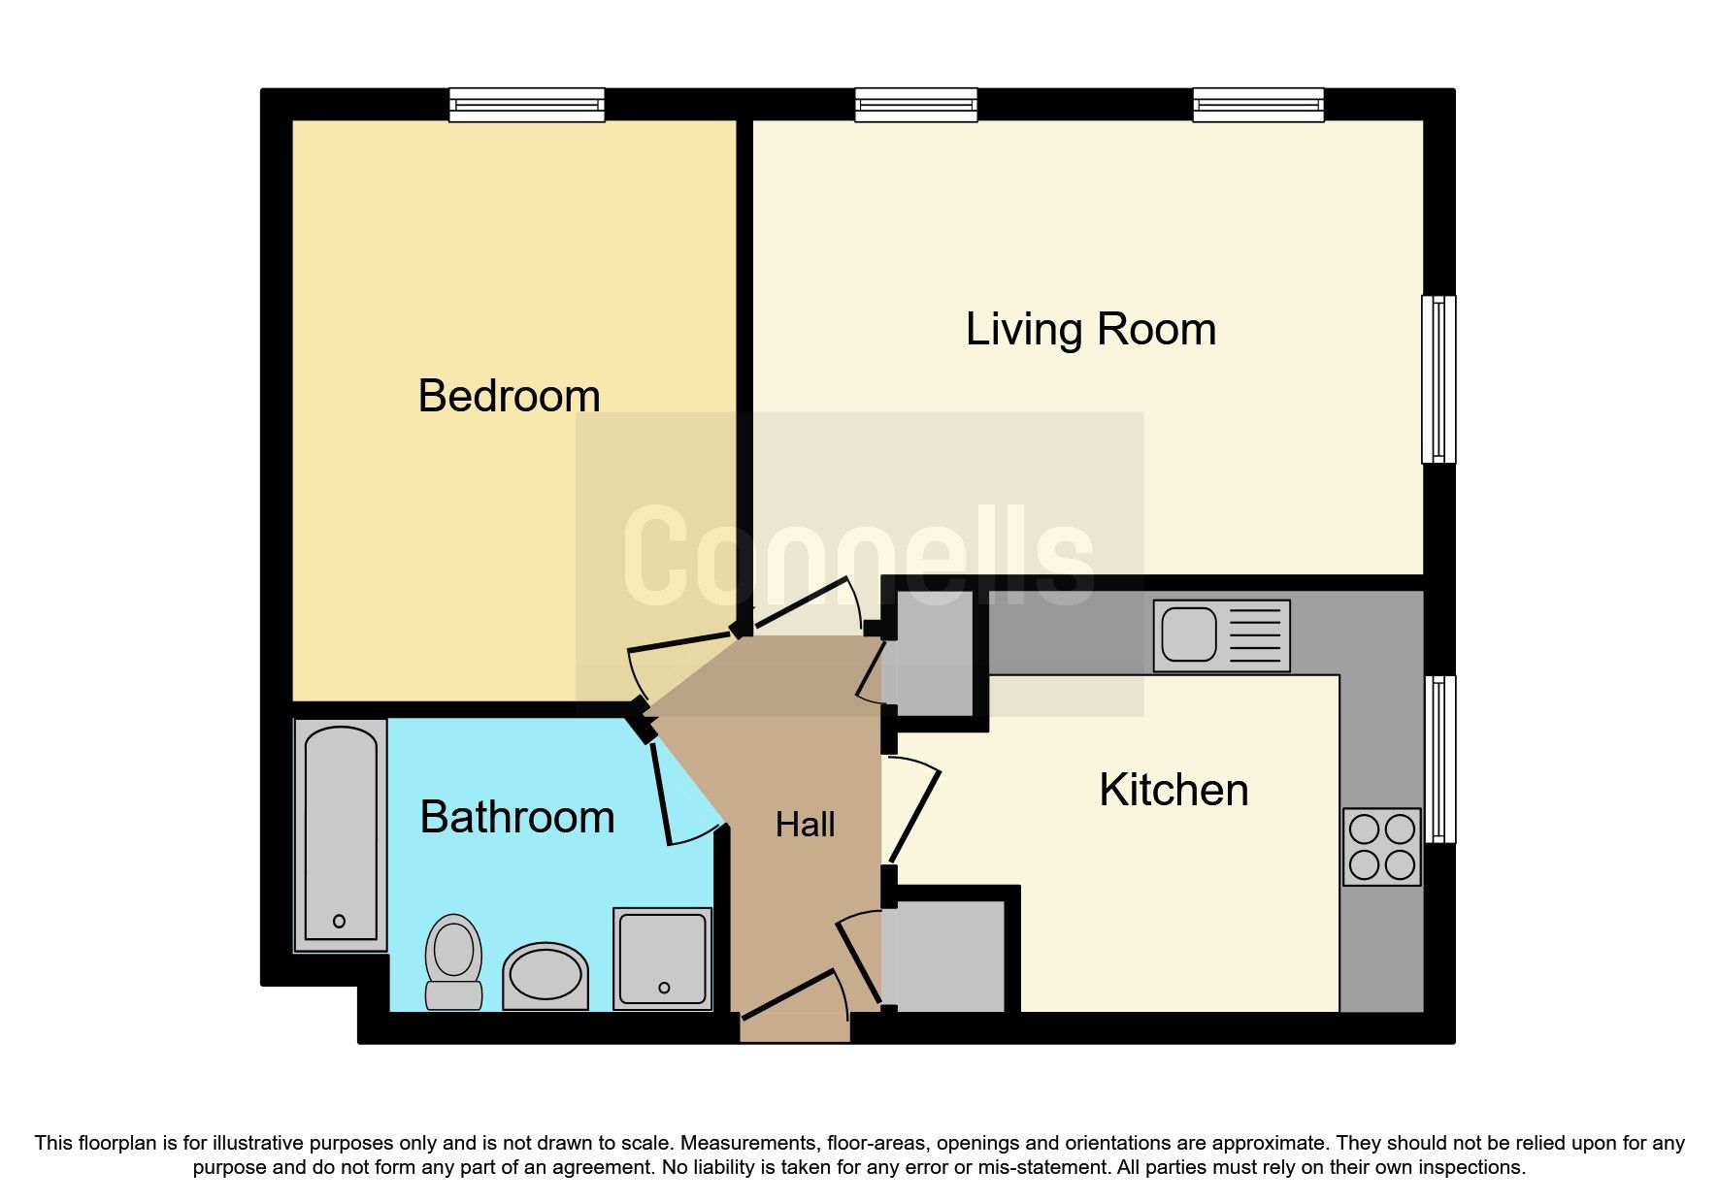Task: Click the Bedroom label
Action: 509,396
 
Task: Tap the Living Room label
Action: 1090,330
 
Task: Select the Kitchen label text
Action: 1173,790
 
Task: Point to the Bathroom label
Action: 516,817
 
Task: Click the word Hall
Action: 805,825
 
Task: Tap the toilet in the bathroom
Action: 453,960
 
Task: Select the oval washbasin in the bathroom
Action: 545,975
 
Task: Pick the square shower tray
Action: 662,958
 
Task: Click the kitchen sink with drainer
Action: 1221,635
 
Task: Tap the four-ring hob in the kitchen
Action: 1381,846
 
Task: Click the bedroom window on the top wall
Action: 526,105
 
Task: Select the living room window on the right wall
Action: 1438,378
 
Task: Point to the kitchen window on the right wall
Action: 1439,759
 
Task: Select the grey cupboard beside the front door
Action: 947,956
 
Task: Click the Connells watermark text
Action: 858,558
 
